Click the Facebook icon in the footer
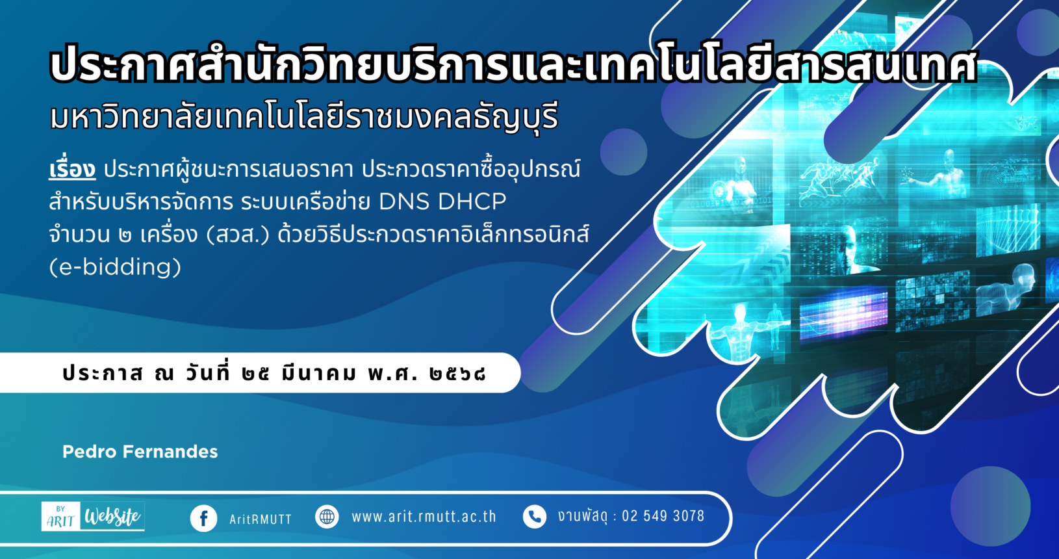pyautogui.click(x=204, y=518)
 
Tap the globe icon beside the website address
pyautogui.click(x=327, y=517)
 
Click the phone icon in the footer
pyautogui.click(x=535, y=517)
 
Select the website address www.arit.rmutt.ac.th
pyautogui.click(x=424, y=517)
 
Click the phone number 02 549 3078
pyautogui.click(x=663, y=516)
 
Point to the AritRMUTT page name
pyautogui.click(x=261, y=519)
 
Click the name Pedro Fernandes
pyautogui.click(x=140, y=452)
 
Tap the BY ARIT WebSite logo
pyautogui.click(x=93, y=516)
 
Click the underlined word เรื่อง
pyautogui.click(x=72, y=169)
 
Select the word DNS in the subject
pyautogui.click(x=404, y=202)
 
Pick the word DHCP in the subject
pyautogui.click(x=472, y=202)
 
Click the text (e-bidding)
pyautogui.click(x=115, y=266)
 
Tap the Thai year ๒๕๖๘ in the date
pyautogui.click(x=457, y=374)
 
